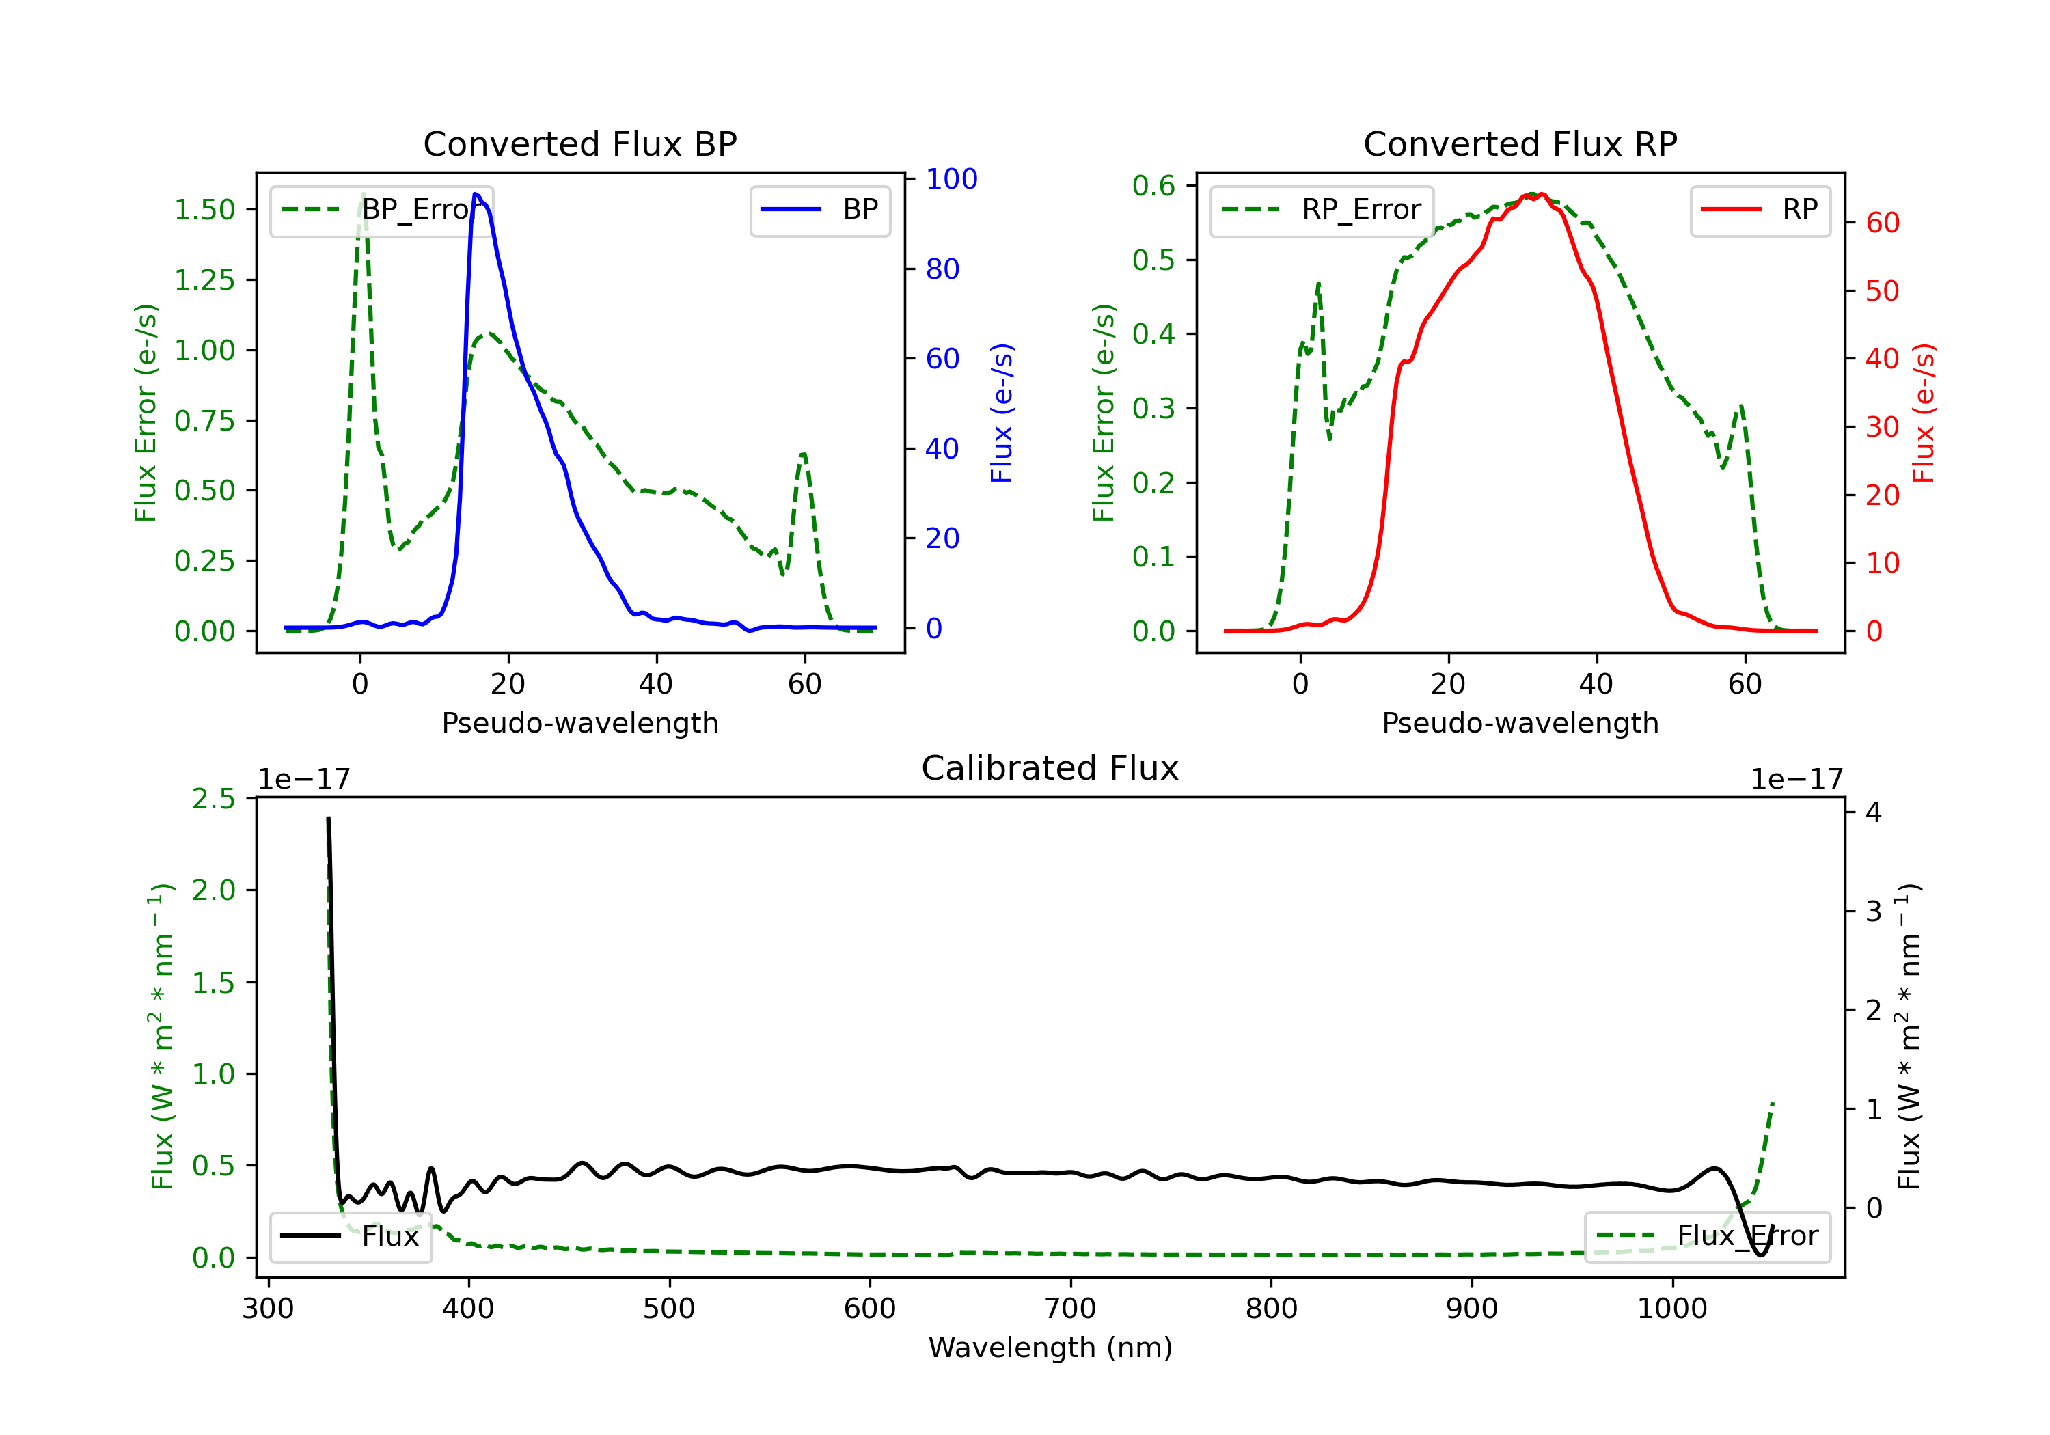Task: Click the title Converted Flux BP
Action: click(579, 143)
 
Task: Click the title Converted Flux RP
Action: click(1520, 143)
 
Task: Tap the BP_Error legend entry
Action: click(382, 210)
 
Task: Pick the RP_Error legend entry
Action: click(1322, 210)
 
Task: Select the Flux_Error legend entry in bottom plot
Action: click(1706, 1236)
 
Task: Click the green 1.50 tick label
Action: click(204, 210)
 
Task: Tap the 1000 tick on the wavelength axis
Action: click(1671, 1309)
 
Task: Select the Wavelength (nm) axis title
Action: click(1050, 1348)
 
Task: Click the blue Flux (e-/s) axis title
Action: click(1002, 413)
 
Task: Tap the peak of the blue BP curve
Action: click(476, 194)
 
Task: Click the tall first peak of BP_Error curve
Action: click(362, 194)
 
